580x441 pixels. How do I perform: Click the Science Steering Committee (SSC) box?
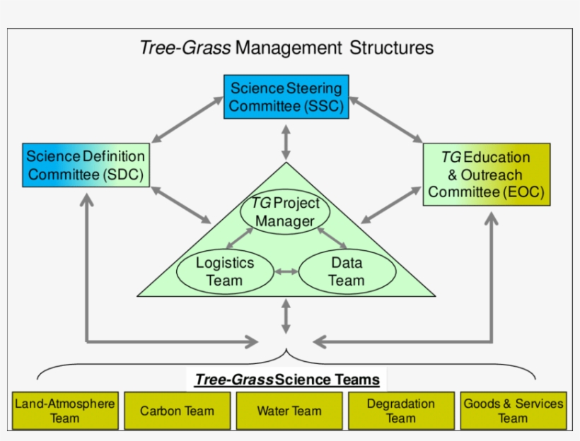tap(286, 98)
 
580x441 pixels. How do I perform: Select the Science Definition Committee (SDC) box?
tap(86, 165)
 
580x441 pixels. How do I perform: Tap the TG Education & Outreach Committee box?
tap(486, 175)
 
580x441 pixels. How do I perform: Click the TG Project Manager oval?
tap(285, 212)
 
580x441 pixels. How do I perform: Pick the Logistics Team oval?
tap(225, 271)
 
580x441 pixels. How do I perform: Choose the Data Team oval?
tap(346, 271)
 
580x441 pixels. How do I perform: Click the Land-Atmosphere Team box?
tap(64, 411)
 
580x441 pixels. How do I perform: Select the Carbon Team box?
tap(176, 411)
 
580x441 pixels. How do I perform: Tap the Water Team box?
tap(289, 411)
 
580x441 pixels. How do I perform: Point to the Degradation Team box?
tap(400, 411)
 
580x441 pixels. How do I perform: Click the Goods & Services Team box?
tap(513, 411)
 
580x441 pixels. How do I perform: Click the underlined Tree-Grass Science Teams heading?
tap(287, 380)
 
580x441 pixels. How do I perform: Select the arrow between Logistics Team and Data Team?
tap(286, 271)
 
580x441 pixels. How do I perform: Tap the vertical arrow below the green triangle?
tap(286, 316)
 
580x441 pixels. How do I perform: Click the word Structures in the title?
tap(390, 48)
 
